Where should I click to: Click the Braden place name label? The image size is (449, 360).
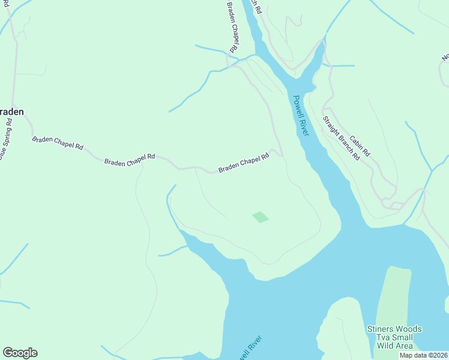pos(12,112)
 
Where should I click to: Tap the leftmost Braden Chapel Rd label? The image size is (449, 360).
pos(58,143)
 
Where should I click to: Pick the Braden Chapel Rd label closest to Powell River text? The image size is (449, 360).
pos(243,163)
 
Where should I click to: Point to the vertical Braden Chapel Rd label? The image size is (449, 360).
pos(232,27)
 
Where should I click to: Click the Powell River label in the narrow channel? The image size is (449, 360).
pos(301,116)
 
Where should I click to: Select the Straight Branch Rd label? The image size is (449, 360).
pos(341,137)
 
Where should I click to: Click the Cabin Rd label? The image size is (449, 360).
pos(360,145)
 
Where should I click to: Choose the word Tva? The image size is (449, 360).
pos(375,338)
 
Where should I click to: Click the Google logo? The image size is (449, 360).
pos(20,353)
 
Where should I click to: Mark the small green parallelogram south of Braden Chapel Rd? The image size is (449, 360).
pos(260,217)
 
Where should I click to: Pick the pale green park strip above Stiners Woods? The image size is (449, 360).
pos(393,294)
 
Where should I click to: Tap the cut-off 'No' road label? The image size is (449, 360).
pos(445,57)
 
